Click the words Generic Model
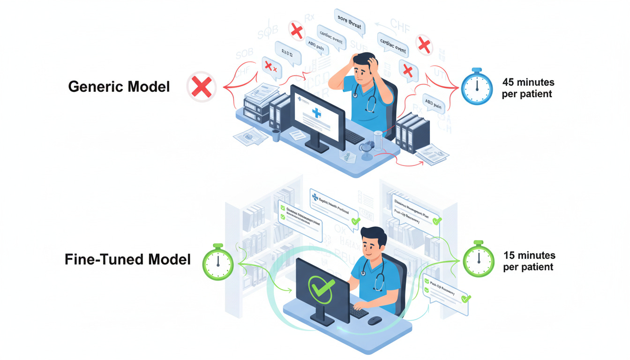pos(119,87)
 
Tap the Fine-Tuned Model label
pos(127,259)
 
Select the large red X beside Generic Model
pos(202,87)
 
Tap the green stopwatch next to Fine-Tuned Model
pos(217,263)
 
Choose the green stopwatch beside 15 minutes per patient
pos(478,259)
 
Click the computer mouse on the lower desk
pos(374,321)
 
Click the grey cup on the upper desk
pos(276,135)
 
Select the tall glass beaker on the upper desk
pos(378,140)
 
